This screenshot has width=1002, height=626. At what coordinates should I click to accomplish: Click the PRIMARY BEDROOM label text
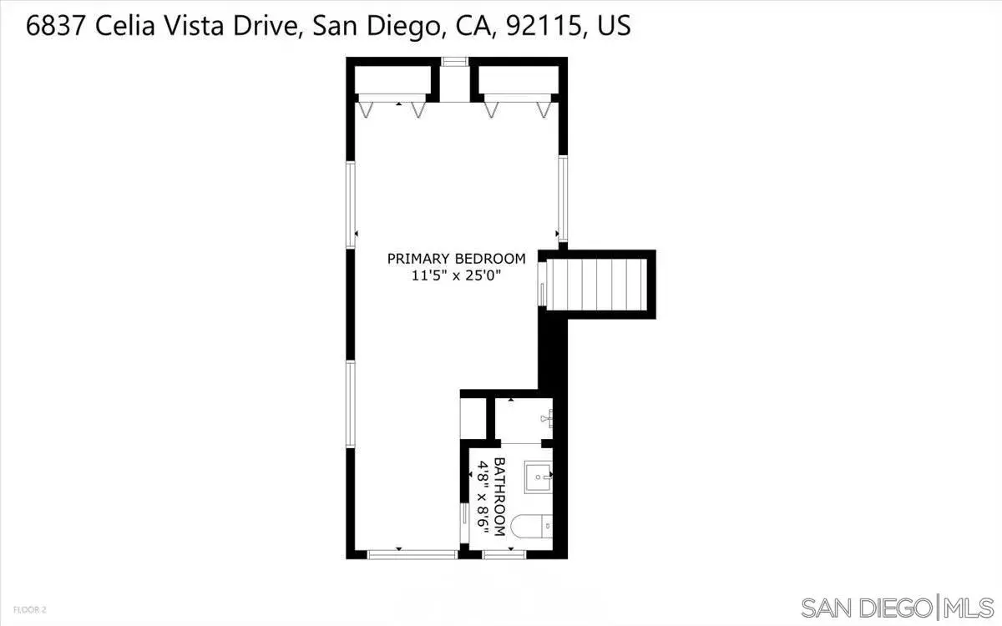456,259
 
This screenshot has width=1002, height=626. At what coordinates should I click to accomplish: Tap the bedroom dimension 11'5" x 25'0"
456,275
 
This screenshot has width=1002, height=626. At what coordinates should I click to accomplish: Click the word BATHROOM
499,497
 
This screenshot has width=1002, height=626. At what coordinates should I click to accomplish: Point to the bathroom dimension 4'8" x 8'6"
483,497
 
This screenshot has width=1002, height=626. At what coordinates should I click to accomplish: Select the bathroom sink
538,477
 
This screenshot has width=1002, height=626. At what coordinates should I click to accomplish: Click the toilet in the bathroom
531,527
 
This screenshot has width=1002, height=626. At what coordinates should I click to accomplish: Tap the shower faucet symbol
547,418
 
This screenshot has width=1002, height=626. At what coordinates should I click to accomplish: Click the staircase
597,285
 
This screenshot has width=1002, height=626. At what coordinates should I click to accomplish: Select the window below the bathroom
504,555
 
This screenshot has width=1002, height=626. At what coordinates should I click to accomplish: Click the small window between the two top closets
454,62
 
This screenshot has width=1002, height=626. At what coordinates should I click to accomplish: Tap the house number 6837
55,26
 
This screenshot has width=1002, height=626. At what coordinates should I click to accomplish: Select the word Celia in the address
124,26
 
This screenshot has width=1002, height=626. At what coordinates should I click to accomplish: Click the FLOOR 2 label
30,609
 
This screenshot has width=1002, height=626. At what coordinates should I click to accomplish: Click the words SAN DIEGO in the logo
867,608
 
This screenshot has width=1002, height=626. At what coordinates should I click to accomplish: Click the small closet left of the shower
473,418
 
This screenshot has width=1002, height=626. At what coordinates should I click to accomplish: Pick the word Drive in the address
265,26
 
